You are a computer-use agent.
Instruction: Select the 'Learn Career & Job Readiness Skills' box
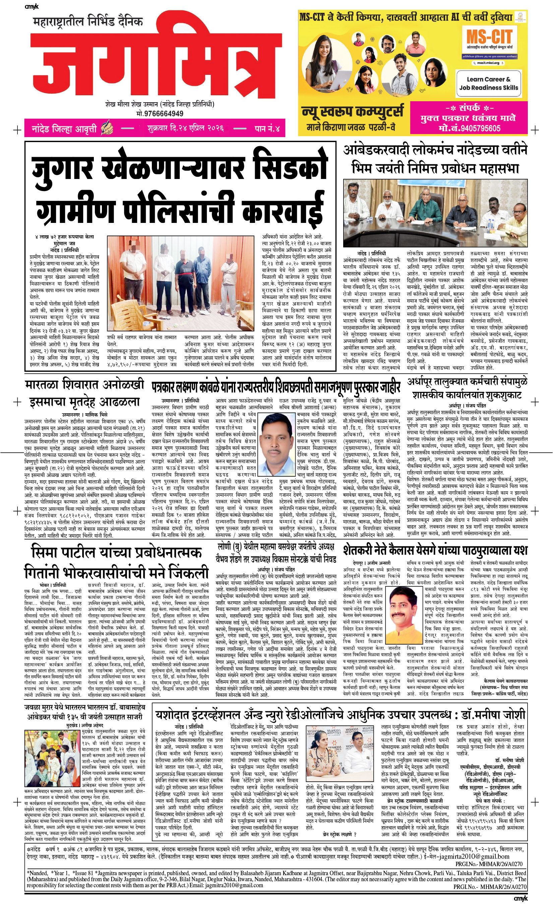click(488, 83)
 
